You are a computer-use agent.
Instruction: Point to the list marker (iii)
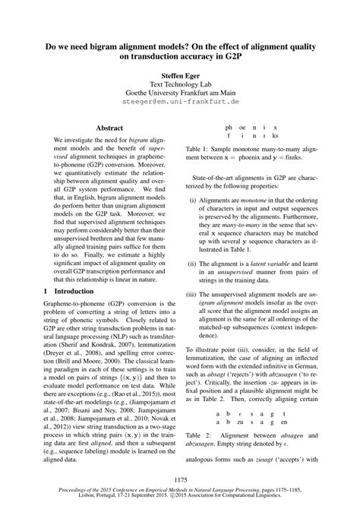point(194,292)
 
